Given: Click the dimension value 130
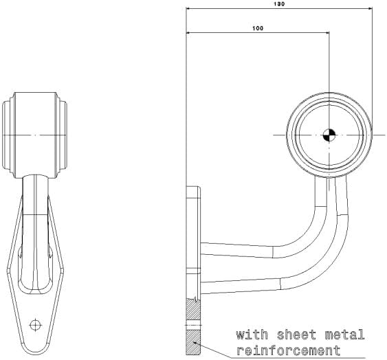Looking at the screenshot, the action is (x=279, y=4).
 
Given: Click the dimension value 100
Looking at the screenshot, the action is (x=258, y=28).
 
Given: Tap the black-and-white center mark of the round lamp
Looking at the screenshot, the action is (x=329, y=135).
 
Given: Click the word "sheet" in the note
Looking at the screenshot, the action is (x=296, y=335).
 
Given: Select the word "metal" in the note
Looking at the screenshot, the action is (x=345, y=335).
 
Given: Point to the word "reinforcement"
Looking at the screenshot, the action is (x=288, y=350).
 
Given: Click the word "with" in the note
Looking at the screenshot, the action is (x=252, y=335).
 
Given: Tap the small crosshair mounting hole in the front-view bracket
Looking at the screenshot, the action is (x=36, y=325).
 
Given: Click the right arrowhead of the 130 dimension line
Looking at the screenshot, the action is (x=371, y=9).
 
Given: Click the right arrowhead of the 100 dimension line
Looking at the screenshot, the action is (x=327, y=32).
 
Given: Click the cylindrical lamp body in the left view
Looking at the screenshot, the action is (x=35, y=135).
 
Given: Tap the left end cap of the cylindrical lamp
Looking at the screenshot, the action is (x=8, y=135).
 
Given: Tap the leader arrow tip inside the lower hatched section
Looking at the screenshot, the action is (x=194, y=342).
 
